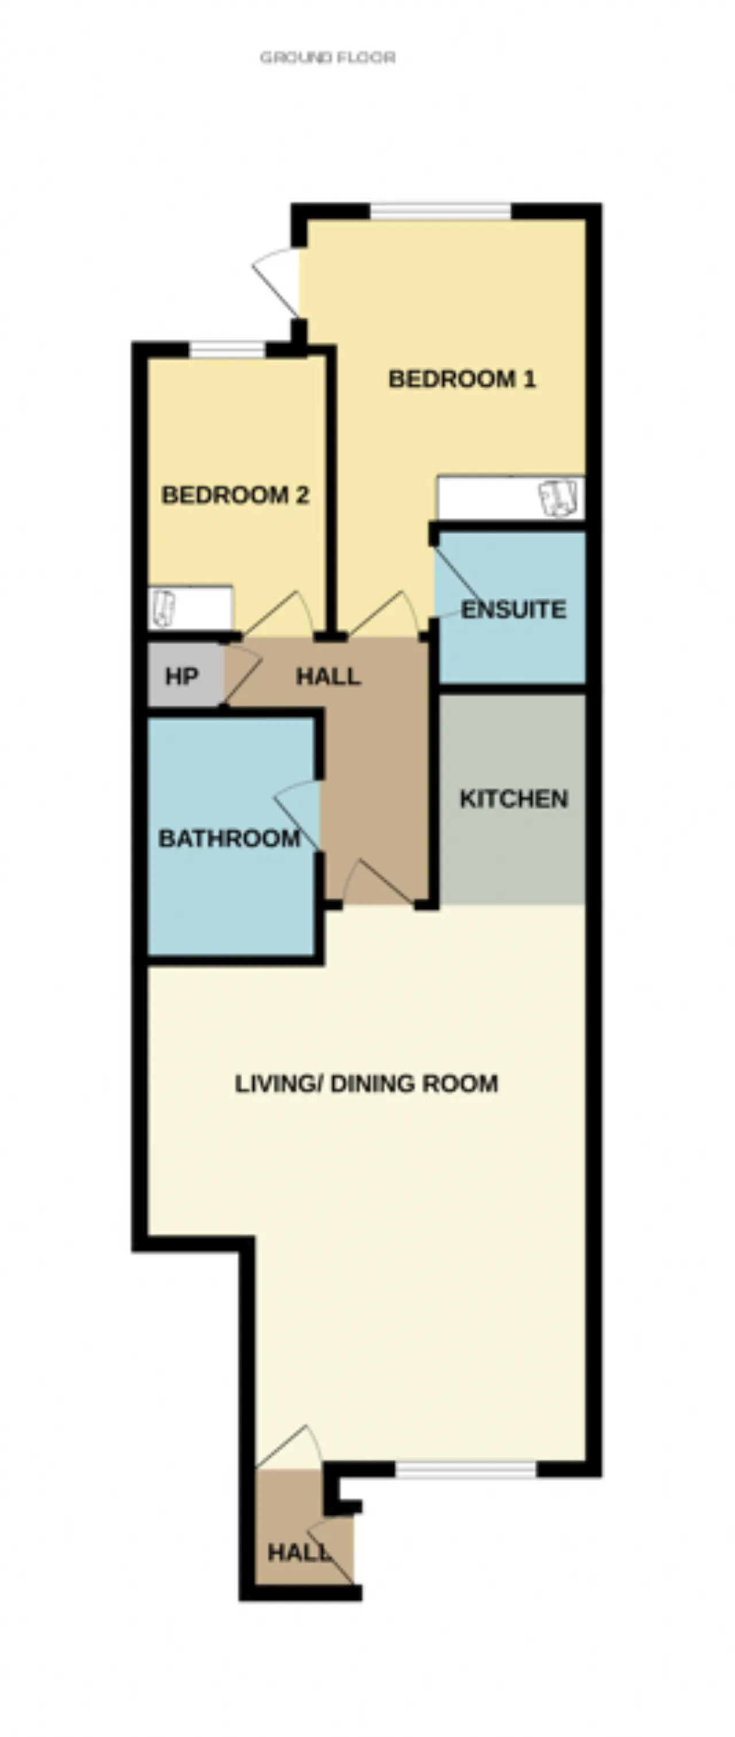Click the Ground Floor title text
pos(328,57)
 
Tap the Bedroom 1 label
pos(462,379)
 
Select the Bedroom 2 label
pos(235,496)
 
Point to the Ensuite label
pos(513,610)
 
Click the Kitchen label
pos(514,799)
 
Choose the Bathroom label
pos(229,839)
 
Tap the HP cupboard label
pos(181,676)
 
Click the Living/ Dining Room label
pos(366,1084)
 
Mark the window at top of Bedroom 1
pos(441,211)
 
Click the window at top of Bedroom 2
pos(227,350)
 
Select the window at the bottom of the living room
pos(466,1469)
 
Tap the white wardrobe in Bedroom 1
pos(510,498)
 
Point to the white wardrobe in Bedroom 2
pos(190,608)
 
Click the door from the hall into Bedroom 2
pos(278,614)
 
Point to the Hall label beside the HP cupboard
pos(328,676)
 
